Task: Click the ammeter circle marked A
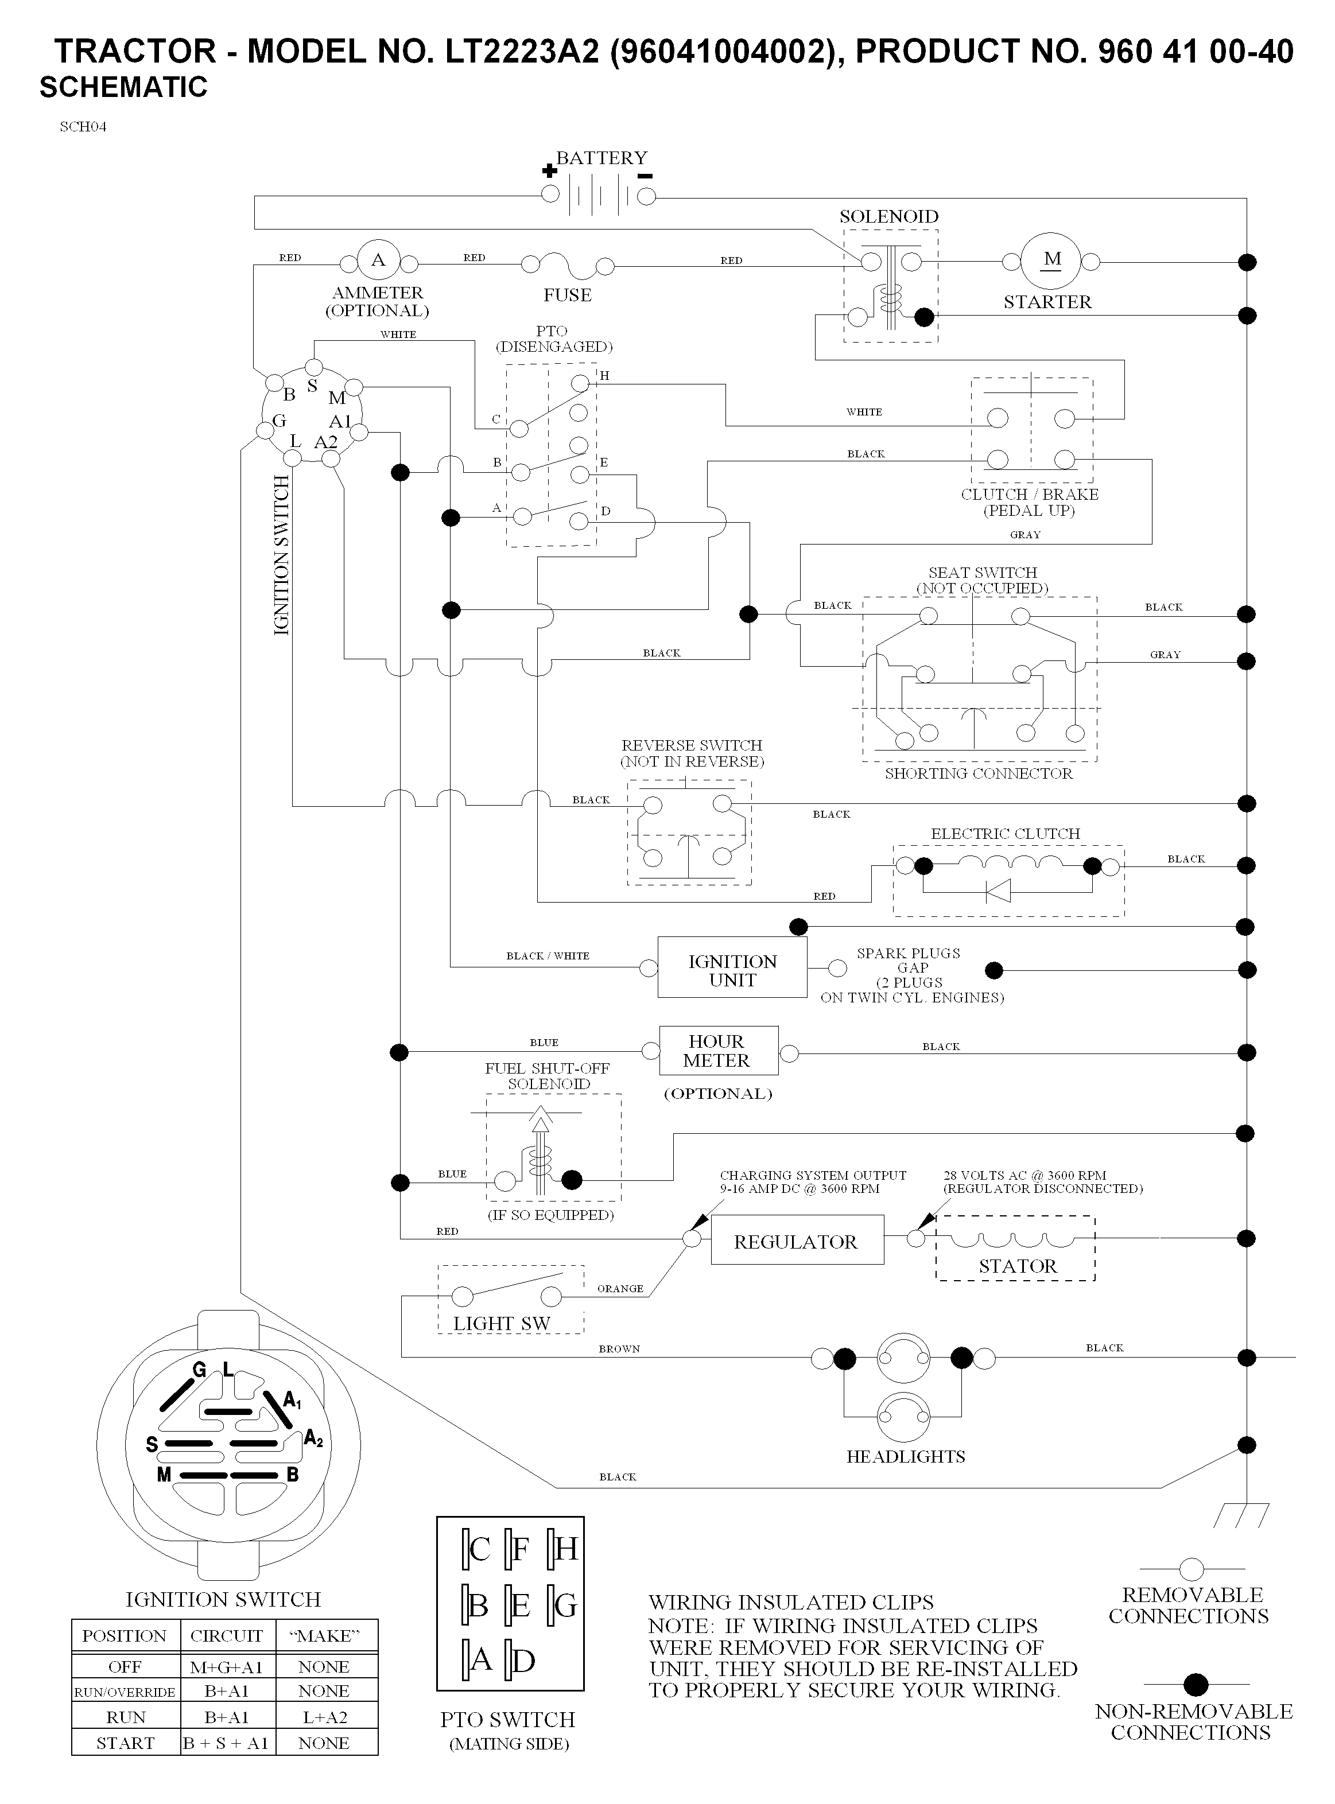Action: pyautogui.click(x=378, y=260)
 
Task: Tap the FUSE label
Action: pyautogui.click(x=567, y=295)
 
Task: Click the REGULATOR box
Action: pyautogui.click(x=797, y=1242)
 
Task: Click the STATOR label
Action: pyautogui.click(x=1018, y=1266)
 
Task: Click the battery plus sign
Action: pyautogui.click(x=549, y=170)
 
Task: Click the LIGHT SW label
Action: pyautogui.click(x=501, y=1323)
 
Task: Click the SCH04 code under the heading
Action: pyautogui.click(x=83, y=127)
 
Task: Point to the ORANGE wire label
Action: pyautogui.click(x=620, y=1289)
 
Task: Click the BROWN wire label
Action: pyautogui.click(x=619, y=1348)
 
